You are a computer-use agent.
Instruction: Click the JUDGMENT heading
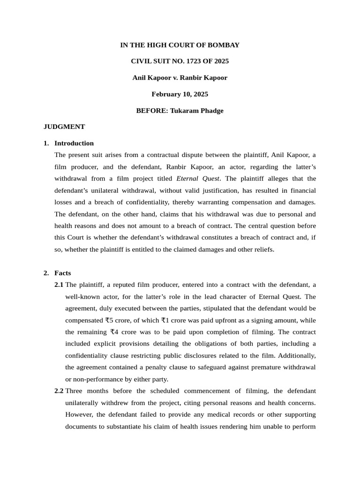64,127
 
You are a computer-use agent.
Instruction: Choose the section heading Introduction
74,143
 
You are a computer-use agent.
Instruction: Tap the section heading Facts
63,273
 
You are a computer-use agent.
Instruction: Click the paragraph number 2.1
59,285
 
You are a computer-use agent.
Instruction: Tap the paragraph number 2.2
59,391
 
